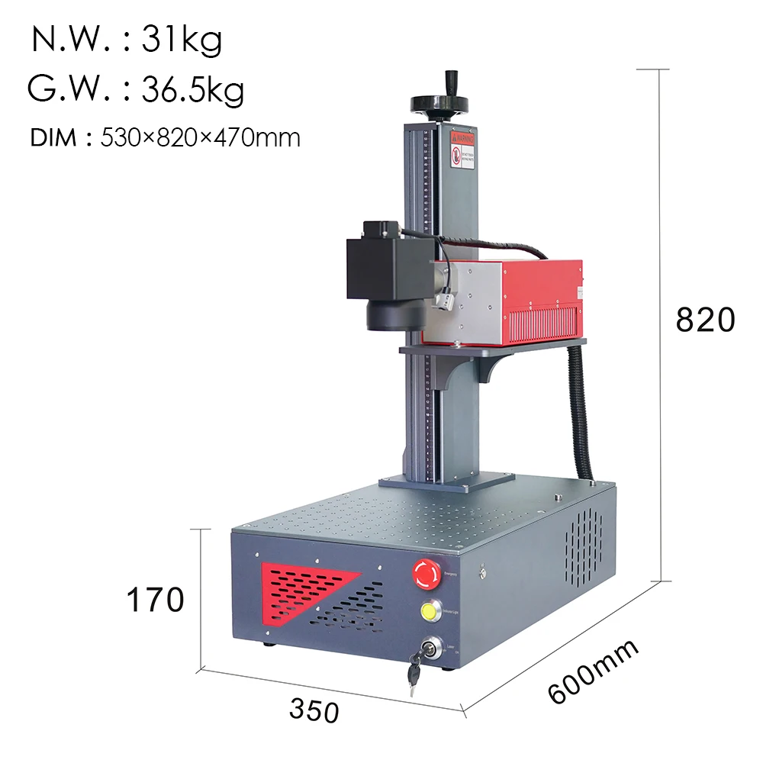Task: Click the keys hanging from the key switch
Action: (414, 671)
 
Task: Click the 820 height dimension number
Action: (705, 320)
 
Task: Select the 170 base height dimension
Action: (155, 600)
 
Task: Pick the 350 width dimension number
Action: (314, 710)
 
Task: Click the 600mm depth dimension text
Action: (593, 671)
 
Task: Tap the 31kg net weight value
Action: (182, 40)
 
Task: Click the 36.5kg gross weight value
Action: (193, 89)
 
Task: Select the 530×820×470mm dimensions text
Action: (201, 138)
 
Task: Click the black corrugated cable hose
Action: (581, 412)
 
